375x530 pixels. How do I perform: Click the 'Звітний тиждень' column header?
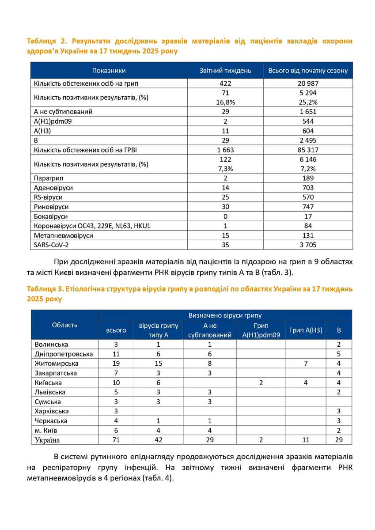coord(225,71)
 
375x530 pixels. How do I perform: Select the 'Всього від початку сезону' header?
coord(308,71)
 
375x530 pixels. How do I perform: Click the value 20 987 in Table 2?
coord(308,83)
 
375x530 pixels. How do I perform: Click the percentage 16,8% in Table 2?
coord(225,102)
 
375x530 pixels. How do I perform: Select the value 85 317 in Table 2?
coord(308,150)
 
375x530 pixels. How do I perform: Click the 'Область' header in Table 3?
coord(64,325)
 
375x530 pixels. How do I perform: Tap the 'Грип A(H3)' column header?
coord(306,330)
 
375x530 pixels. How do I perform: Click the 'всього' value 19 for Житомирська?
coord(116,363)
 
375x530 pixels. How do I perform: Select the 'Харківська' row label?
coord(53,411)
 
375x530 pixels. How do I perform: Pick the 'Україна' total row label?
coord(47,440)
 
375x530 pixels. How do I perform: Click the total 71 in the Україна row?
coord(116,440)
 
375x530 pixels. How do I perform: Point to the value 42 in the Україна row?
coord(158,440)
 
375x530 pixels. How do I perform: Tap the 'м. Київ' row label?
coord(46,430)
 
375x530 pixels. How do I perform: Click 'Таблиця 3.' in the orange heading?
coord(45,289)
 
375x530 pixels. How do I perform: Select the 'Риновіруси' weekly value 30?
coord(225,207)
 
